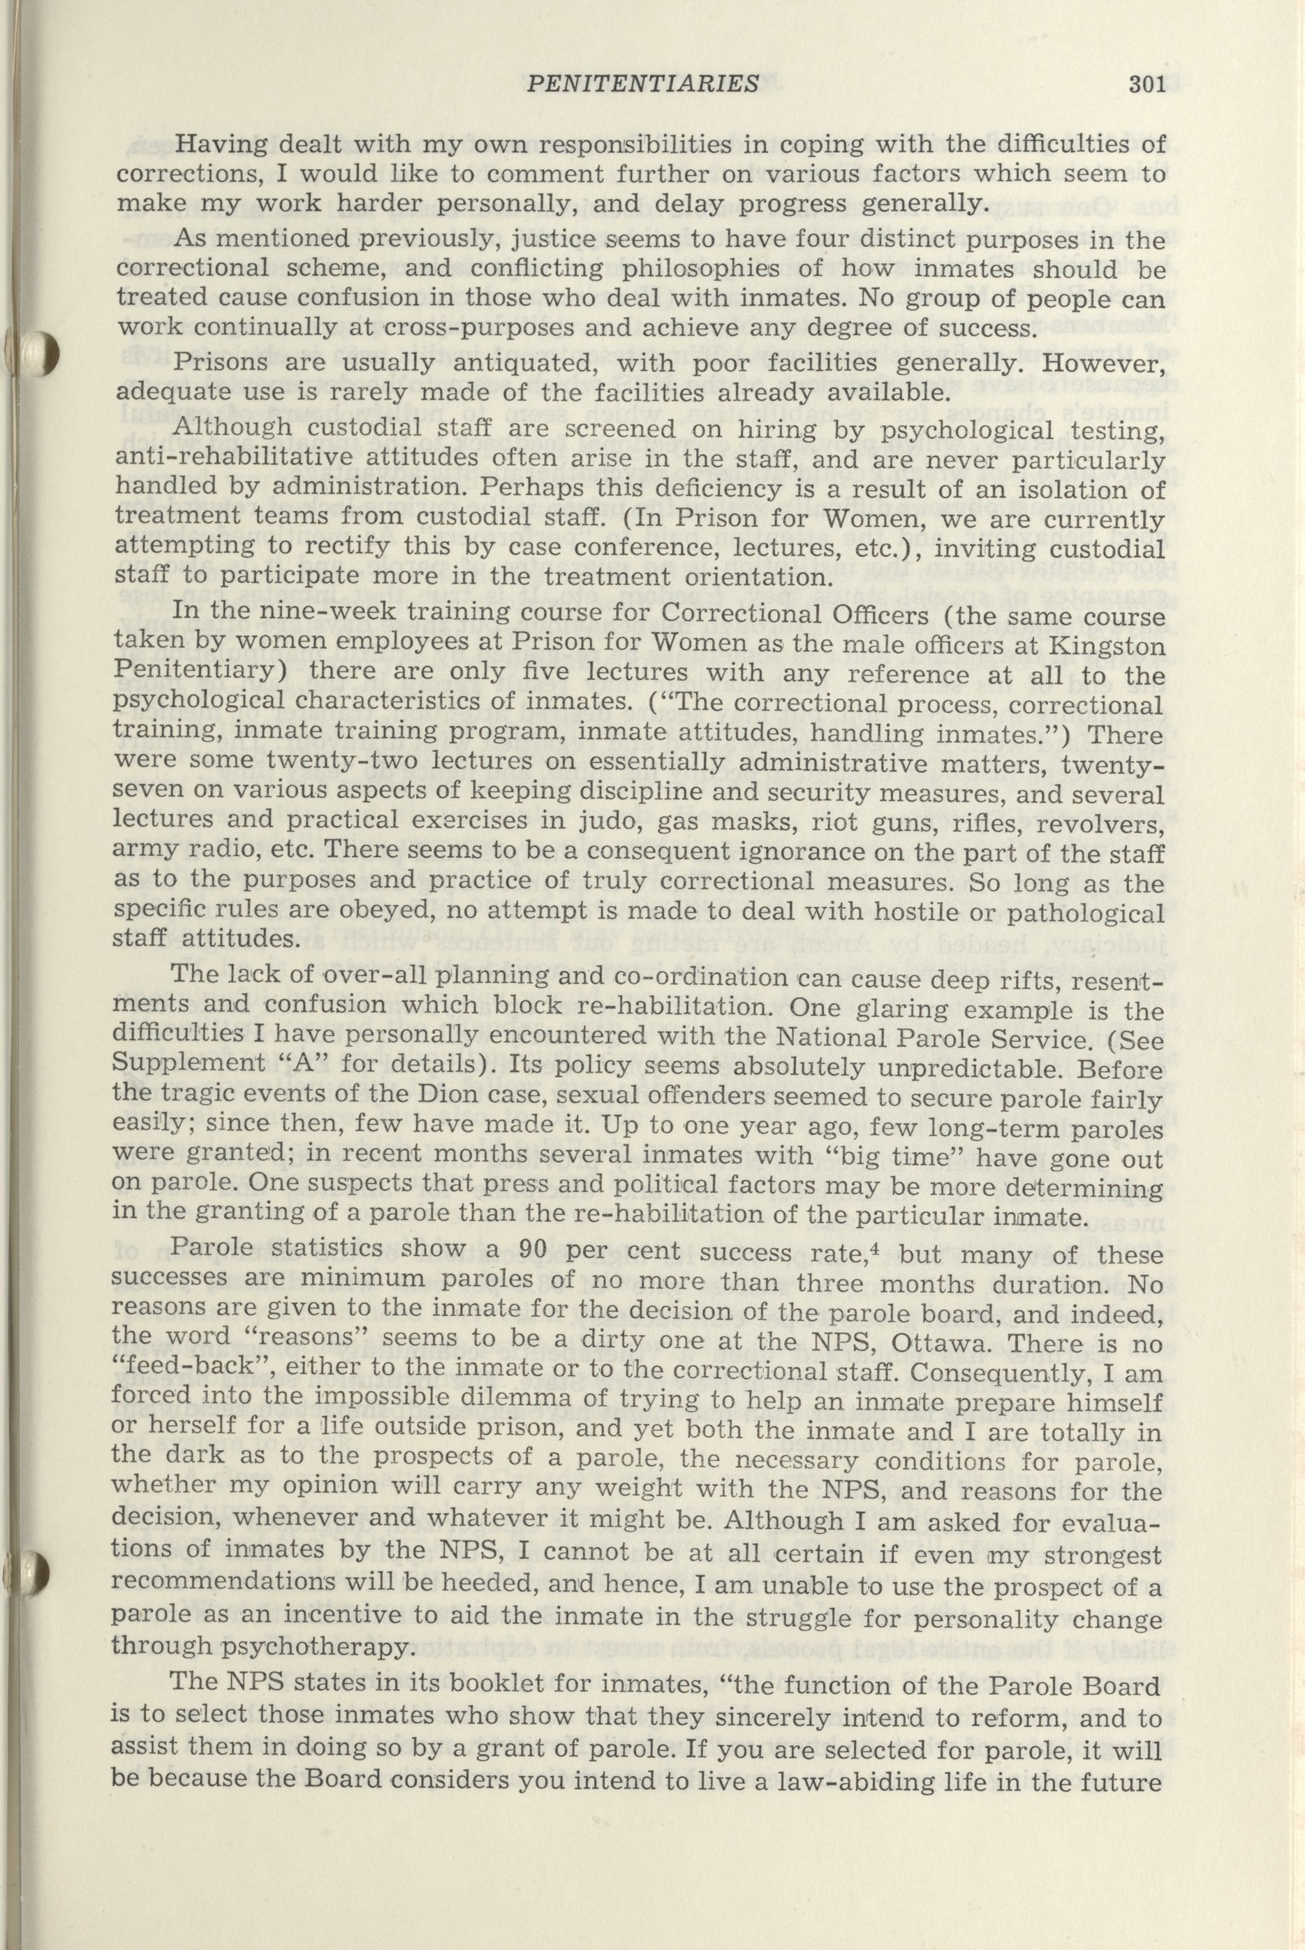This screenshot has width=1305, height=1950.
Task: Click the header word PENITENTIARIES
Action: point(643,83)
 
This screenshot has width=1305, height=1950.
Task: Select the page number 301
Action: point(1151,83)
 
